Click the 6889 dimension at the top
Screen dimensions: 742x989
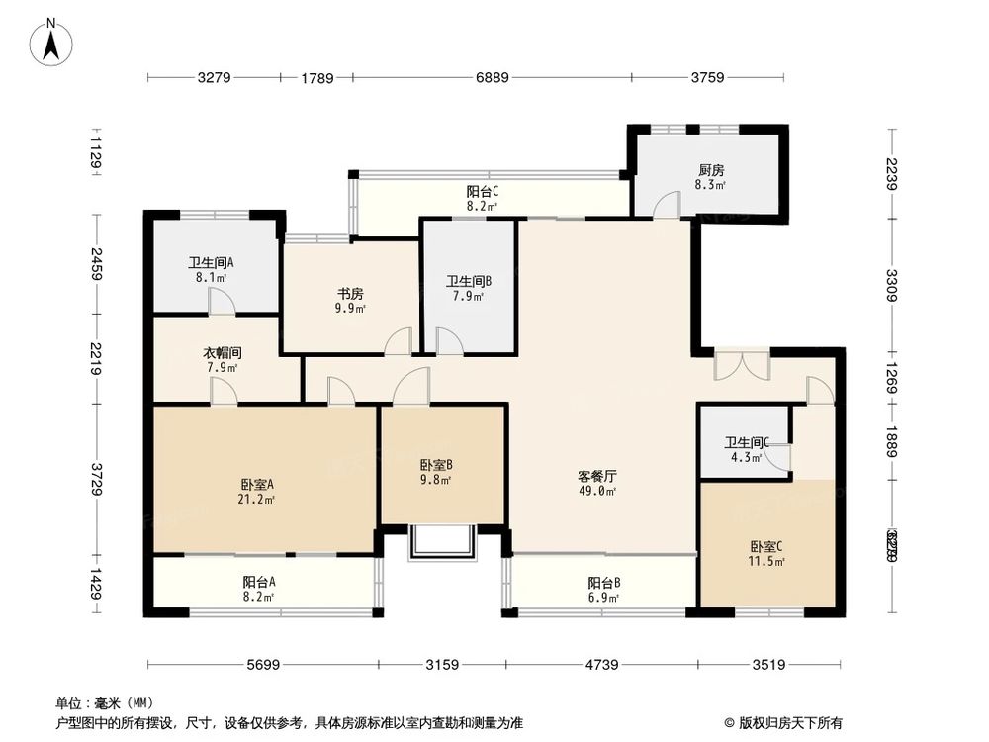[x=492, y=78]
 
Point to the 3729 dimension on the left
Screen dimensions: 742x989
[x=95, y=473]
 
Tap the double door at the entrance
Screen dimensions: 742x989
[x=742, y=364]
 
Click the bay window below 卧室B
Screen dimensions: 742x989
[x=443, y=544]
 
